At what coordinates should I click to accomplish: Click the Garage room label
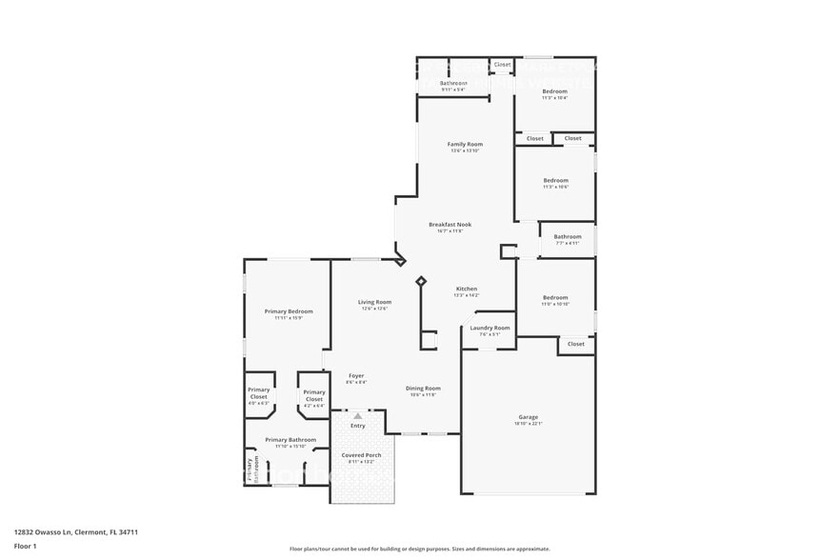click(529, 417)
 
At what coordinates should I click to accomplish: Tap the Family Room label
click(465, 145)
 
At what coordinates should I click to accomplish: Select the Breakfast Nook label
click(450, 225)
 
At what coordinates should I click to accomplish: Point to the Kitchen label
click(466, 289)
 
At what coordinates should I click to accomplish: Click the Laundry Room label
click(490, 328)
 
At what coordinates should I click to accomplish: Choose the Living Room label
click(374, 302)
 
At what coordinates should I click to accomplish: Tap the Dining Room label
click(423, 388)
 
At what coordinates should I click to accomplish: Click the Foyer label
click(356, 375)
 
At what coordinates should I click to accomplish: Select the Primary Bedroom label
click(289, 311)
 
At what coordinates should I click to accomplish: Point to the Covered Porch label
click(361, 455)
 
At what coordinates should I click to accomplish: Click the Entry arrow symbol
click(358, 415)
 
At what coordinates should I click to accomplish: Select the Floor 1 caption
click(25, 546)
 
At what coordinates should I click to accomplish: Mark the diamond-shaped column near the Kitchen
click(421, 281)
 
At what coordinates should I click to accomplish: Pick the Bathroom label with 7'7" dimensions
click(568, 236)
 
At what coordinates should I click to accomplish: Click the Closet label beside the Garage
click(576, 344)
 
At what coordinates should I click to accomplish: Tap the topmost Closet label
click(502, 65)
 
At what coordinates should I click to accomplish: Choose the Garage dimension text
click(529, 424)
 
